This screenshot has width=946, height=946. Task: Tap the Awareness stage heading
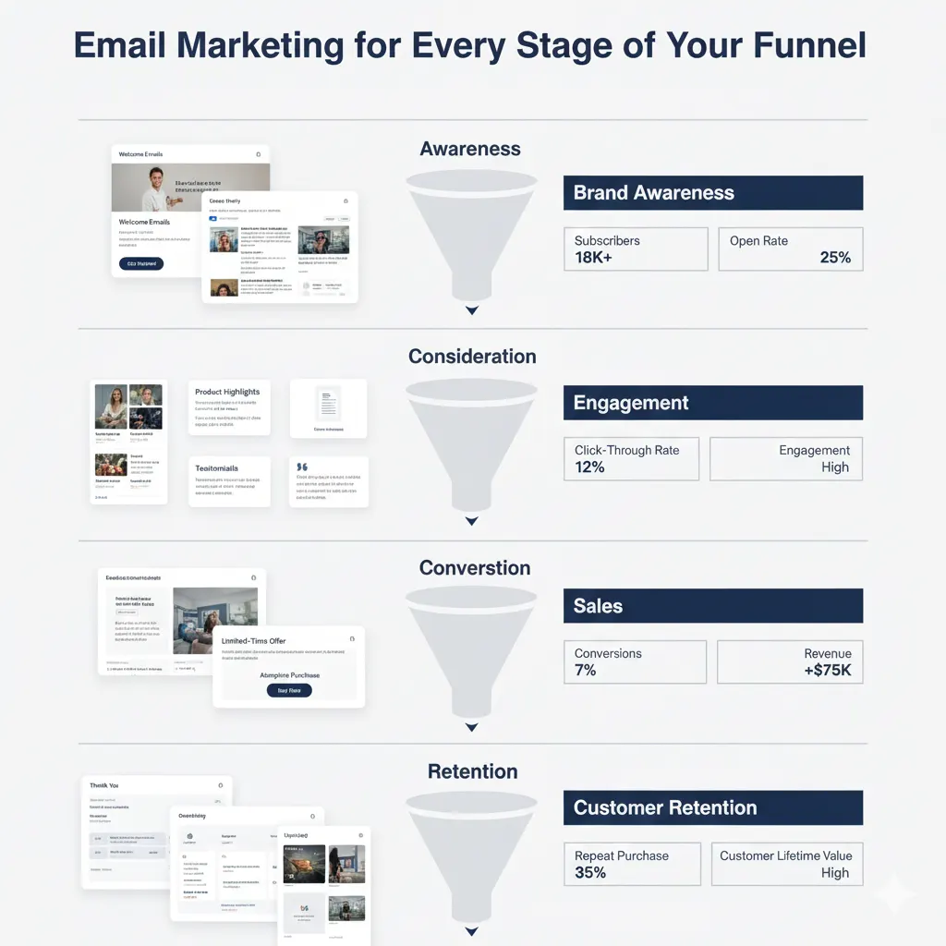click(470, 149)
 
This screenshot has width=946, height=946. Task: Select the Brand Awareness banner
click(712, 193)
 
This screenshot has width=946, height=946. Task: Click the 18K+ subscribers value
click(594, 258)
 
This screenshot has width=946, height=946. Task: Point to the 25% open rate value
click(834, 258)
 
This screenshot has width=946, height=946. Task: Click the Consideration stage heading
click(472, 357)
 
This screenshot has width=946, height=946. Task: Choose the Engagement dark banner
click(712, 403)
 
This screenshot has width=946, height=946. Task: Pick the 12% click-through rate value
click(589, 467)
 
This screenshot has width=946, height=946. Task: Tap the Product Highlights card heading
click(227, 392)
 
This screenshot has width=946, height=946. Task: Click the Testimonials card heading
click(218, 468)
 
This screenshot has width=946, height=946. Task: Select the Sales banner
click(712, 606)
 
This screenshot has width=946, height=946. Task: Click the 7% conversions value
click(585, 671)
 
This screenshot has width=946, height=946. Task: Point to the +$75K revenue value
click(828, 671)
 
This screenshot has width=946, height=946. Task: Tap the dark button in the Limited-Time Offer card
click(289, 690)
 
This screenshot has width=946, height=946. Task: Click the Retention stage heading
click(472, 771)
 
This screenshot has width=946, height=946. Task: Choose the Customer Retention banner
click(712, 807)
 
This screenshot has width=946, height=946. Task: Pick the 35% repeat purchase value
click(590, 873)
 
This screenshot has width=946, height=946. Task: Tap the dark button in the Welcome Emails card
click(141, 263)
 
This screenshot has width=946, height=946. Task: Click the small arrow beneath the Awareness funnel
click(472, 310)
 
